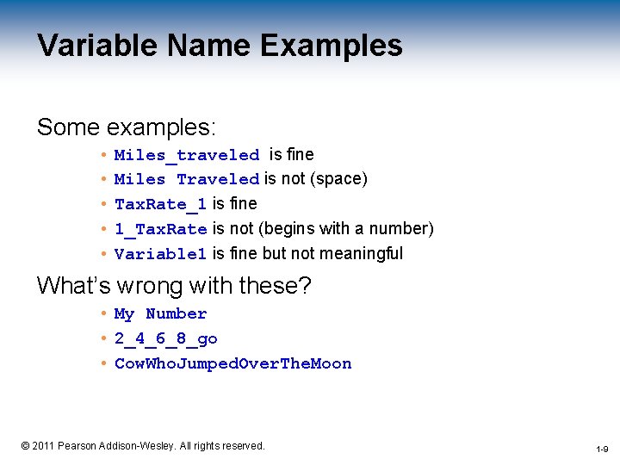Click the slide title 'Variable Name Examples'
point(220,46)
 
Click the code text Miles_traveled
point(187,155)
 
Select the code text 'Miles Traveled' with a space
point(187,179)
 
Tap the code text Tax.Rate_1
point(160,204)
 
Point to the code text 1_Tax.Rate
point(160,229)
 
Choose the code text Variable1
point(160,254)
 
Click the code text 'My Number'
point(160,314)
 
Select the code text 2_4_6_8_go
point(165,339)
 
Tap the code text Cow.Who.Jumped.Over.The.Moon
point(232,364)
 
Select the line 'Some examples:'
point(126,127)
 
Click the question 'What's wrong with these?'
point(173,285)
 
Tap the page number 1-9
point(602,449)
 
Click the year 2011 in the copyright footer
point(43,446)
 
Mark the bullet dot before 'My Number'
point(102,314)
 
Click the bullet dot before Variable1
point(102,254)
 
